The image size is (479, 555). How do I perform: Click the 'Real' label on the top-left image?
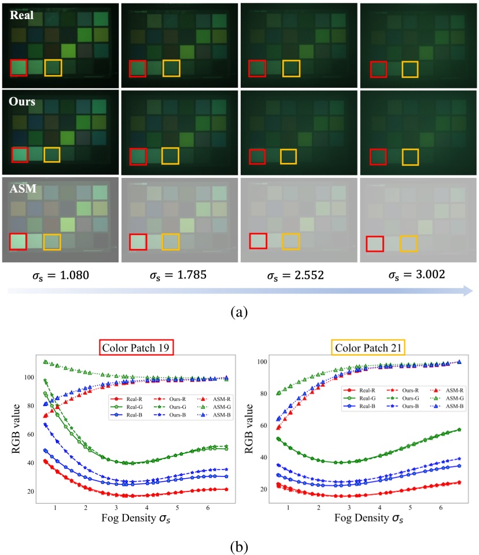(x=21, y=16)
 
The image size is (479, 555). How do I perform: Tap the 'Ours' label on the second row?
(x=23, y=101)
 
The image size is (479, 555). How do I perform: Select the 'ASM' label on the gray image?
(x=23, y=188)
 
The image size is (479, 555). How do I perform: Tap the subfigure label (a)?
(x=239, y=312)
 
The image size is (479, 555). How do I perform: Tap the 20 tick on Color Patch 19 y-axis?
(x=29, y=491)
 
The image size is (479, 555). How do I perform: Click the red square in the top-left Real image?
(x=19, y=68)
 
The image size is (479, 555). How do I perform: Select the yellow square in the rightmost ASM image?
(x=409, y=244)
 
